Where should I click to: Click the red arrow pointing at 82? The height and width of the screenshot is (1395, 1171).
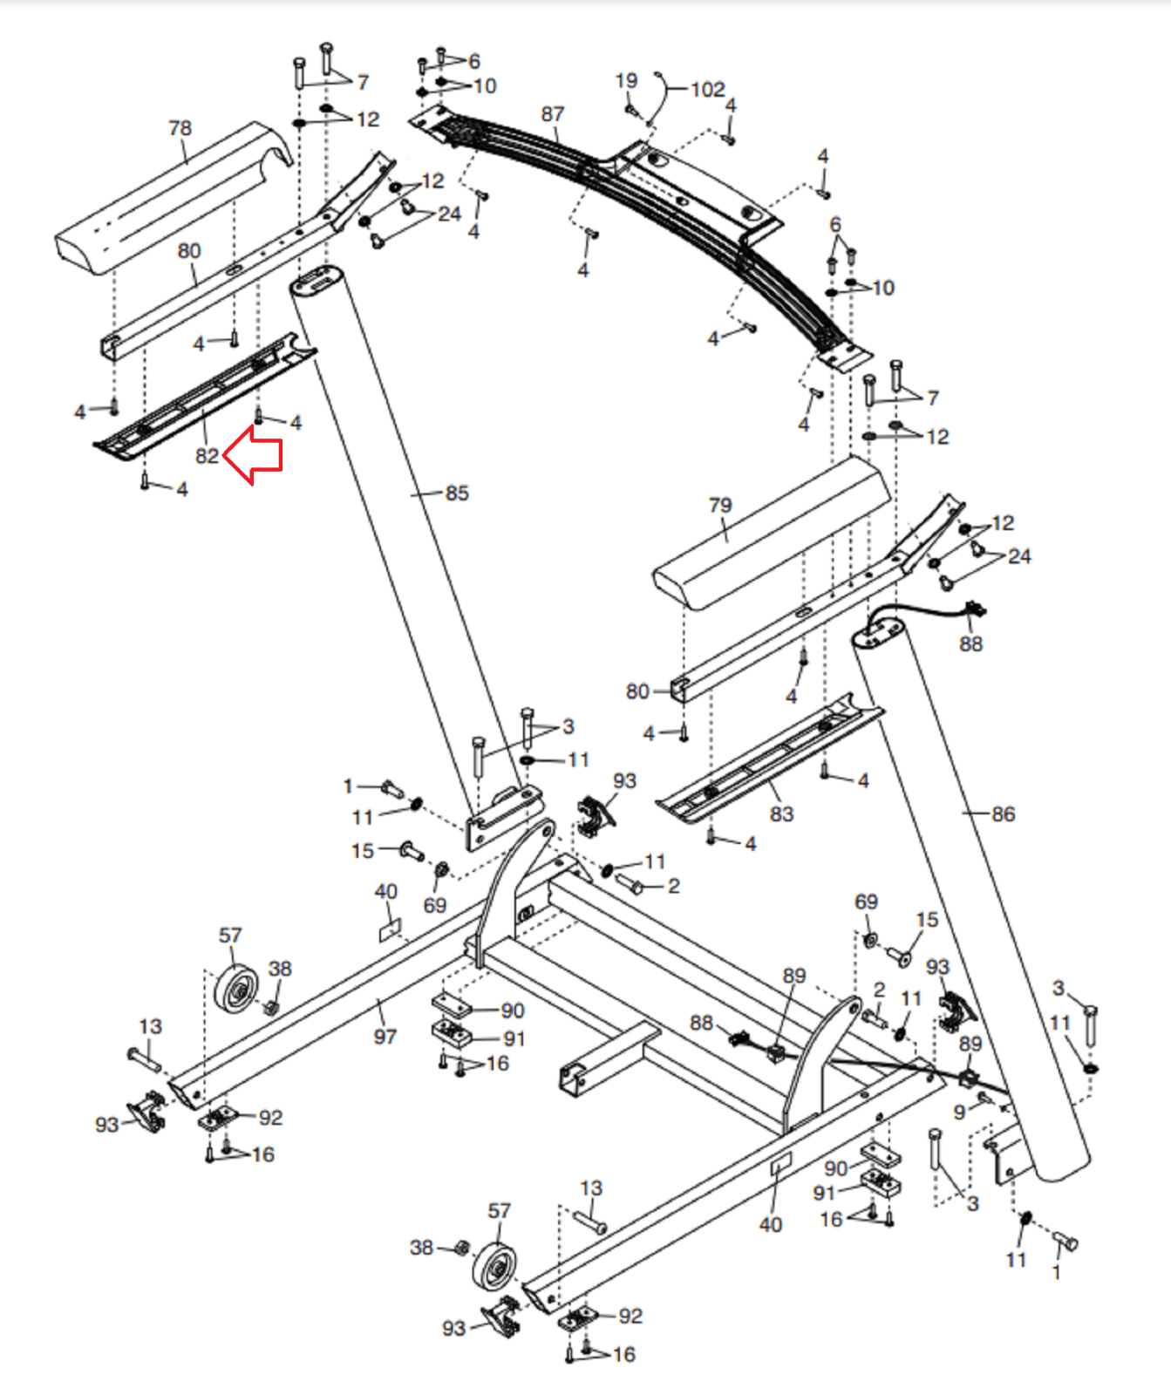pos(253,455)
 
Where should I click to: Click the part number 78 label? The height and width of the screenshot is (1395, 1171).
pos(180,128)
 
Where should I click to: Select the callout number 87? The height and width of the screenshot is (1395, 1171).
pos(553,114)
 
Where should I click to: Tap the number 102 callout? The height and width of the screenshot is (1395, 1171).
pos(707,90)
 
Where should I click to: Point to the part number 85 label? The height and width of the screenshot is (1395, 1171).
pos(457,493)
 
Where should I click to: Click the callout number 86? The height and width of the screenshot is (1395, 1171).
pos(1003,814)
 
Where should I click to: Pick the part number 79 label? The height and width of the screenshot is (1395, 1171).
pos(720,506)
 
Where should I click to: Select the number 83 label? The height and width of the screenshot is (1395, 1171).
pos(781,814)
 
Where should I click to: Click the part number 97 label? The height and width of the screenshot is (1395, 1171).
pos(385,1037)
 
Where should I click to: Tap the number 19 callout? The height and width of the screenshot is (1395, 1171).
pos(626,81)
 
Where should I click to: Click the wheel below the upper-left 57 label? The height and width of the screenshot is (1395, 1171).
pos(236,989)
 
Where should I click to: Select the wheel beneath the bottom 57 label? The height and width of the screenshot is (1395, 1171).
pos(494,1268)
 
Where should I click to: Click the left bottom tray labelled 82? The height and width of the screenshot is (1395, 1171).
pos(206,397)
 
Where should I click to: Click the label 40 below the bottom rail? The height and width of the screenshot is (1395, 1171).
pos(770,1225)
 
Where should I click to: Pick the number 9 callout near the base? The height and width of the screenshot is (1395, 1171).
pos(959,1112)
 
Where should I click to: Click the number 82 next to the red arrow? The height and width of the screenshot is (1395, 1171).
pos(207,456)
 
